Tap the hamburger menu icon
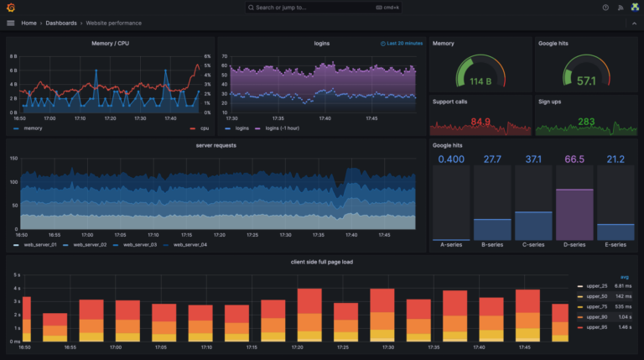(x=11, y=23)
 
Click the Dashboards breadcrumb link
(x=61, y=23)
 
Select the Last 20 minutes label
(x=404, y=43)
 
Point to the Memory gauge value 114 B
(x=480, y=81)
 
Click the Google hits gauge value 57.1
(x=586, y=81)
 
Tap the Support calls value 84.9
(x=480, y=122)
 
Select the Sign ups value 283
(x=586, y=122)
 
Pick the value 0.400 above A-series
(x=451, y=159)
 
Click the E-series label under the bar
(x=615, y=245)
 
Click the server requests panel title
(x=216, y=145)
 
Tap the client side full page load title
(x=322, y=262)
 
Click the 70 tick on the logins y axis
(x=224, y=56)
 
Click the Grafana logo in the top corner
(x=11, y=8)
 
